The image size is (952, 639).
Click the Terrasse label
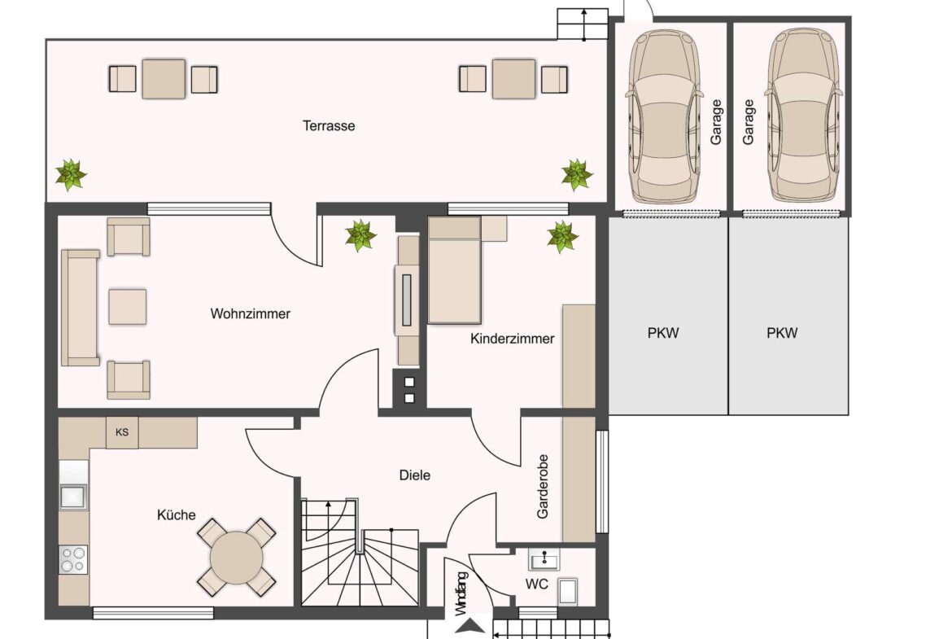(329, 125)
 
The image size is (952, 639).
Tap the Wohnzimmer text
(250, 313)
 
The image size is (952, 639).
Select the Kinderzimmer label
(513, 339)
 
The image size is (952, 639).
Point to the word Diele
(415, 475)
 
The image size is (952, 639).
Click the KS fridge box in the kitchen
(122, 432)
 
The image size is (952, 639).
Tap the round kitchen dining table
(236, 557)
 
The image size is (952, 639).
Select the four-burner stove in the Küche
(73, 559)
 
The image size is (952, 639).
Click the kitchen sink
(73, 497)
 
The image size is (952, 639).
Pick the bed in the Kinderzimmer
(455, 270)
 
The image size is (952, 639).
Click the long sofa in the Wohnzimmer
(80, 308)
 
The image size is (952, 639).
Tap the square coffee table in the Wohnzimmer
(128, 307)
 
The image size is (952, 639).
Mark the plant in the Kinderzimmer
(562, 237)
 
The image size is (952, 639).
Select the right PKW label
(782, 333)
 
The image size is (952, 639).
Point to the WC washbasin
(544, 559)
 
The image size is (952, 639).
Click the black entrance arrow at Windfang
(470, 626)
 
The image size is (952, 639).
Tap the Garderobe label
(542, 487)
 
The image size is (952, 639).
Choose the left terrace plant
(71, 175)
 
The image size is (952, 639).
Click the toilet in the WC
(568, 592)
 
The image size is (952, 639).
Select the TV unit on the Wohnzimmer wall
(407, 300)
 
